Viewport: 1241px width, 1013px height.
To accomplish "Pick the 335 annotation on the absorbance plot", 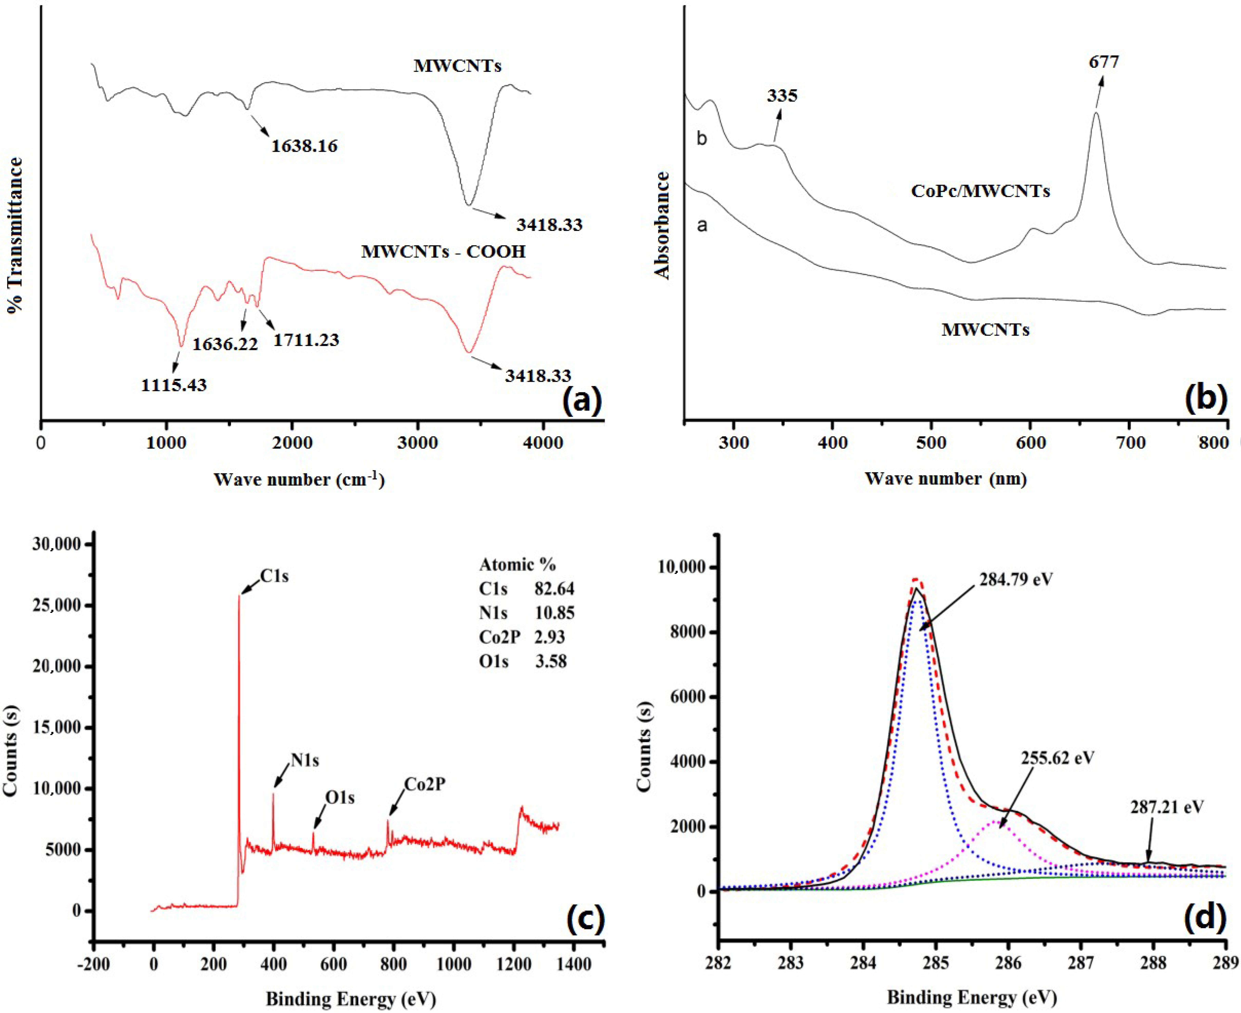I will tap(782, 96).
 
